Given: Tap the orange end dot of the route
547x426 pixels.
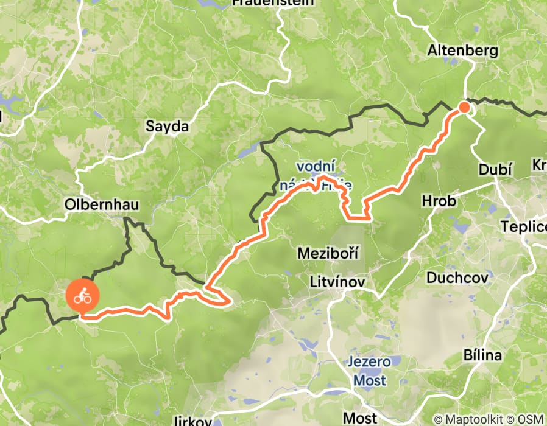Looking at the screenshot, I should click(464, 108).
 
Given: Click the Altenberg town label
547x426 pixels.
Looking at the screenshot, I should click(454, 51).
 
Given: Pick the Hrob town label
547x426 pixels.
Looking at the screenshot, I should click(439, 201).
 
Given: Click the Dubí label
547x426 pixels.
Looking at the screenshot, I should click(496, 170).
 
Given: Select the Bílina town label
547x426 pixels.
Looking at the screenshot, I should click(482, 355).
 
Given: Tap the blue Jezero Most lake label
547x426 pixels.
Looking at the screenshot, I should click(369, 371).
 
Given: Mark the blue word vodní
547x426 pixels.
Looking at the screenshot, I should click(314, 166).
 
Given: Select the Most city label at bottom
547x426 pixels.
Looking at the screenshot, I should click(361, 417).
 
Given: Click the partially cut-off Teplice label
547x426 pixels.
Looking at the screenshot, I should click(523, 227).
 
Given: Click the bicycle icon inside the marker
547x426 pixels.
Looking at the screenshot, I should click(82, 297).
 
